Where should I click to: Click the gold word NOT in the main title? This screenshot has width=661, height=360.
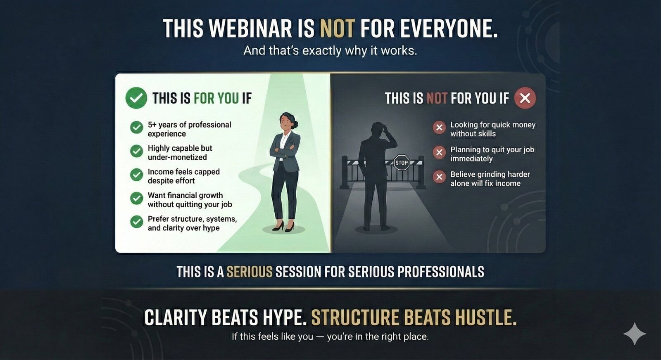pyautogui.click(x=337, y=29)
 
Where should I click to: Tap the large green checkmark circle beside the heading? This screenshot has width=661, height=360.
pyautogui.click(x=136, y=98)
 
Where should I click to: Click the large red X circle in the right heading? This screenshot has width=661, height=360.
pyautogui.click(x=525, y=98)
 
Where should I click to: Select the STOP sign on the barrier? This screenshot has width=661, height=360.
pyautogui.click(x=401, y=163)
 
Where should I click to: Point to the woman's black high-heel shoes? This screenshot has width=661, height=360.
pyautogui.click(x=284, y=226)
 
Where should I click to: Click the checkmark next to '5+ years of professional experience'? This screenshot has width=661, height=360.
pyautogui.click(x=136, y=128)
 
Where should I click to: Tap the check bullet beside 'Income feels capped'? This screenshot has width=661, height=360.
pyautogui.click(x=136, y=175)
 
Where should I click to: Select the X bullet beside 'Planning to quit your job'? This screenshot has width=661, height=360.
pyautogui.click(x=439, y=152)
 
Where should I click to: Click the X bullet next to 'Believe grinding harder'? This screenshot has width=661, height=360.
pyautogui.click(x=439, y=177)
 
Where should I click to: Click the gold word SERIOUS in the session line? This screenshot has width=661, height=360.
pyautogui.click(x=249, y=272)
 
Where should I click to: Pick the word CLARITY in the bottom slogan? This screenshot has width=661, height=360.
pyautogui.click(x=175, y=318)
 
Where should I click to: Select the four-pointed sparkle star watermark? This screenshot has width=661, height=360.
pyautogui.click(x=635, y=334)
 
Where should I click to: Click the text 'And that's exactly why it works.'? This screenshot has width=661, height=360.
pyautogui.click(x=330, y=50)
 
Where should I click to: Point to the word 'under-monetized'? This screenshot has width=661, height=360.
pyautogui.click(x=177, y=157)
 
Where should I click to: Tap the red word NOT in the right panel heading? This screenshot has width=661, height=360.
pyautogui.click(x=437, y=98)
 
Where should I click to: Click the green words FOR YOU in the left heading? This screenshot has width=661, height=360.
pyautogui.click(x=216, y=98)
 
